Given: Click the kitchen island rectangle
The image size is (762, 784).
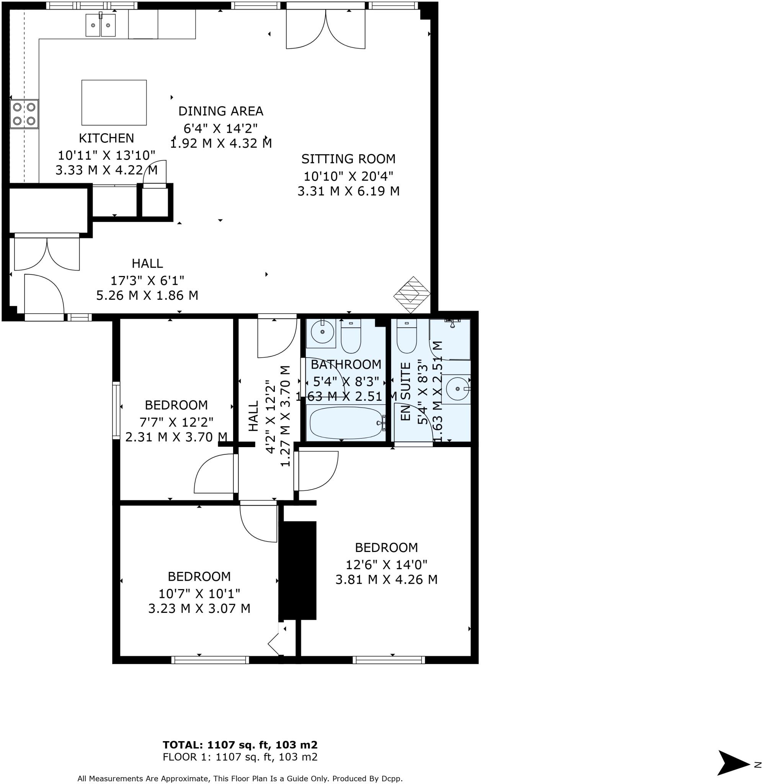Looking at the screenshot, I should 114,103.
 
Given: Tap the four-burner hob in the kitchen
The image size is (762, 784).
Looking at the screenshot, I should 24,114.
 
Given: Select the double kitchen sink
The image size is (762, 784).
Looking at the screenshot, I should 100,25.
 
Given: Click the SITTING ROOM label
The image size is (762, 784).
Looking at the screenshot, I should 348,159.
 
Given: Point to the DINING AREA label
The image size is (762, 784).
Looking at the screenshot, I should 220,111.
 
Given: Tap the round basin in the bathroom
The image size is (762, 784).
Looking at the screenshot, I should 322,332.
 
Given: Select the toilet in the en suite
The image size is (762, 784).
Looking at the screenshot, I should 406,337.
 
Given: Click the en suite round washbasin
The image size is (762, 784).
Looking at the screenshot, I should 457,389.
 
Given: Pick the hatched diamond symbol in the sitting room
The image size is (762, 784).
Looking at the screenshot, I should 412,295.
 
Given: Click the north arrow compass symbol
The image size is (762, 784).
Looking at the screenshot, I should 733,763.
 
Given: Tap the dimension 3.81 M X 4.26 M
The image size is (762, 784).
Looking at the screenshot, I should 386,580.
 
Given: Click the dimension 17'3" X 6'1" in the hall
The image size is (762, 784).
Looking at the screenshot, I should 147,280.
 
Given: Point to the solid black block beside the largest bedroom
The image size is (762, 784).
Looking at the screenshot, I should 297,570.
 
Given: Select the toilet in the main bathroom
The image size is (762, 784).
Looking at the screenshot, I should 351,337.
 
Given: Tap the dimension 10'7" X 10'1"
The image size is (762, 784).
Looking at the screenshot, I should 199,593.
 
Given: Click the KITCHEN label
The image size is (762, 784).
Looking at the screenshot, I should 106,138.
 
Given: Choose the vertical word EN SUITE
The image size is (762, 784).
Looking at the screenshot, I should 406,391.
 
